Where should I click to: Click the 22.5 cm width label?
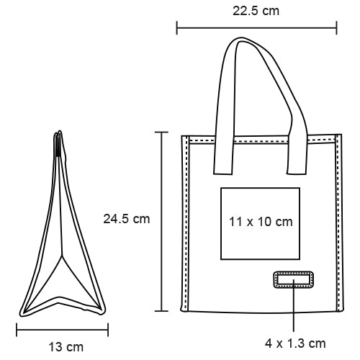coord(256,10)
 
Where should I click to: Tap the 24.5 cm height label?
coord(126,219)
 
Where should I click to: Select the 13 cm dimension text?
coord(66,347)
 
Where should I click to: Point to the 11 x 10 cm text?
coord(259,222)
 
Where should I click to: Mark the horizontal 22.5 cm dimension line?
coord(256,29)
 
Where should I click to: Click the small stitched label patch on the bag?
coord(292,281)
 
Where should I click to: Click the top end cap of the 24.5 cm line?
coord(163,132)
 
